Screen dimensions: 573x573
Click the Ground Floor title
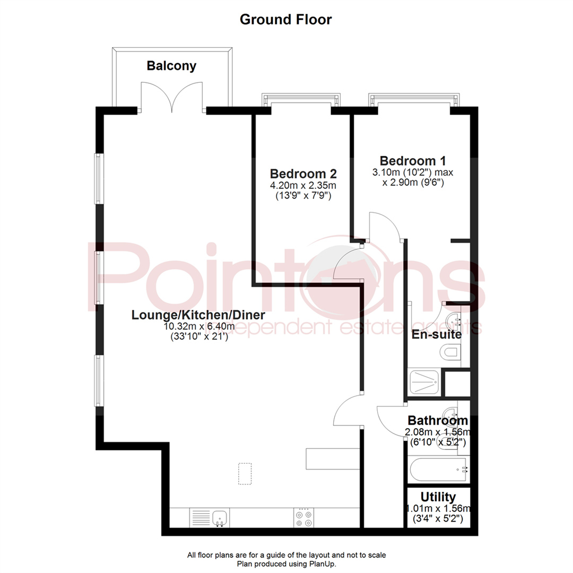coord(285,20)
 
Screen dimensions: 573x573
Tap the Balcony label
coord(171,66)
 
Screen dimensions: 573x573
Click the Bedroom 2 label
coord(303,173)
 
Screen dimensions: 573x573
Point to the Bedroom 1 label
coord(413,160)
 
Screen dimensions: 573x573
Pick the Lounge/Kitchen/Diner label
coord(198,315)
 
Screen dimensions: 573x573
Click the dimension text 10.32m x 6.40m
coord(199,326)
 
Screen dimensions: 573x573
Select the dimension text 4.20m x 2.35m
coord(303,185)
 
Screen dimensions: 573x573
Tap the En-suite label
coord(437,335)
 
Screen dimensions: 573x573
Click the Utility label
coord(438,497)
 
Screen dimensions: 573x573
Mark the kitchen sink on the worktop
coord(220,517)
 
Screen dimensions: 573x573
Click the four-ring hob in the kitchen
coord(303,517)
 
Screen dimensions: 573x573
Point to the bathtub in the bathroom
coord(439,470)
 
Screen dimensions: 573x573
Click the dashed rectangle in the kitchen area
coord(245,473)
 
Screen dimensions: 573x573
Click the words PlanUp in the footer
coord(323,564)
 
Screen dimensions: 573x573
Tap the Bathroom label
coord(438,421)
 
